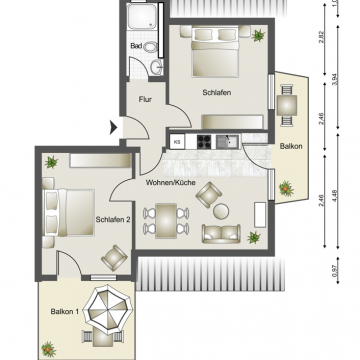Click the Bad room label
click(x=136, y=46)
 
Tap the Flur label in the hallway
click(x=145, y=99)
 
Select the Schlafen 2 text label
click(x=113, y=219)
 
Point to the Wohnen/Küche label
click(x=170, y=183)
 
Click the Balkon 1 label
click(x=65, y=312)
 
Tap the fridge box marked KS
click(x=177, y=141)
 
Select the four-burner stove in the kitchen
click(x=204, y=141)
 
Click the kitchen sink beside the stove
click(x=227, y=141)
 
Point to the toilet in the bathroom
click(x=152, y=47)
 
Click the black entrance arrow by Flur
click(x=114, y=128)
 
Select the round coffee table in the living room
click(x=221, y=211)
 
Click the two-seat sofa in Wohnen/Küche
click(x=221, y=233)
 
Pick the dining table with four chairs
click(x=166, y=221)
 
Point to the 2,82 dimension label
click(x=322, y=38)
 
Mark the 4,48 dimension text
click(x=335, y=196)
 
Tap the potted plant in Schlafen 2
click(x=51, y=162)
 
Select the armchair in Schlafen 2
click(x=114, y=258)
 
